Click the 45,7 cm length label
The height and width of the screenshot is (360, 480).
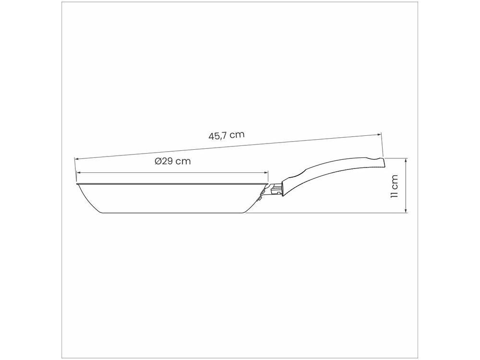[x=226, y=135]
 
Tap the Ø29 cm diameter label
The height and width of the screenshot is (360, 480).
[x=173, y=161]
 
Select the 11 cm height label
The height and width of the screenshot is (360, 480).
[x=395, y=186]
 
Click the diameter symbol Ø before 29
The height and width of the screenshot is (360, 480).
[x=158, y=161]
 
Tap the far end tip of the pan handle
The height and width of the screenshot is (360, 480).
[x=383, y=162]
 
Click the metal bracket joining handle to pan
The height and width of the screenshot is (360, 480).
[x=275, y=189]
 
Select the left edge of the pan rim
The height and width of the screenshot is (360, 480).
[x=77, y=183]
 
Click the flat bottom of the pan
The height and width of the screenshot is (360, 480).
[x=173, y=213]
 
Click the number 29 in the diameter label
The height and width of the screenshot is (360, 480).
[x=167, y=161]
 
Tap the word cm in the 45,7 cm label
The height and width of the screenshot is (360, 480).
[x=237, y=134]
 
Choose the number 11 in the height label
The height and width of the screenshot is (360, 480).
[x=395, y=193]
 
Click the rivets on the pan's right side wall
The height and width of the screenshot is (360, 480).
[x=260, y=194]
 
